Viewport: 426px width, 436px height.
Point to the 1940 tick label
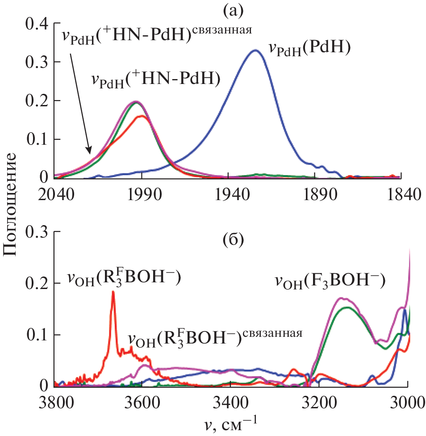(228, 195)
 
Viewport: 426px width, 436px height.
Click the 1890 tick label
(315, 195)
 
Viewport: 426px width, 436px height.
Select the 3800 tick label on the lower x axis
(54, 403)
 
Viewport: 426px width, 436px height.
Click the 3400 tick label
(230, 403)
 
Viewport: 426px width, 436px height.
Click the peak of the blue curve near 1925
(255, 50)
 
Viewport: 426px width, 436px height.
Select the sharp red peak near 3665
(113, 292)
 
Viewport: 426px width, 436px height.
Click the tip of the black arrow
(91, 152)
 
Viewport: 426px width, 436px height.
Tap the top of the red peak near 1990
(142, 116)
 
